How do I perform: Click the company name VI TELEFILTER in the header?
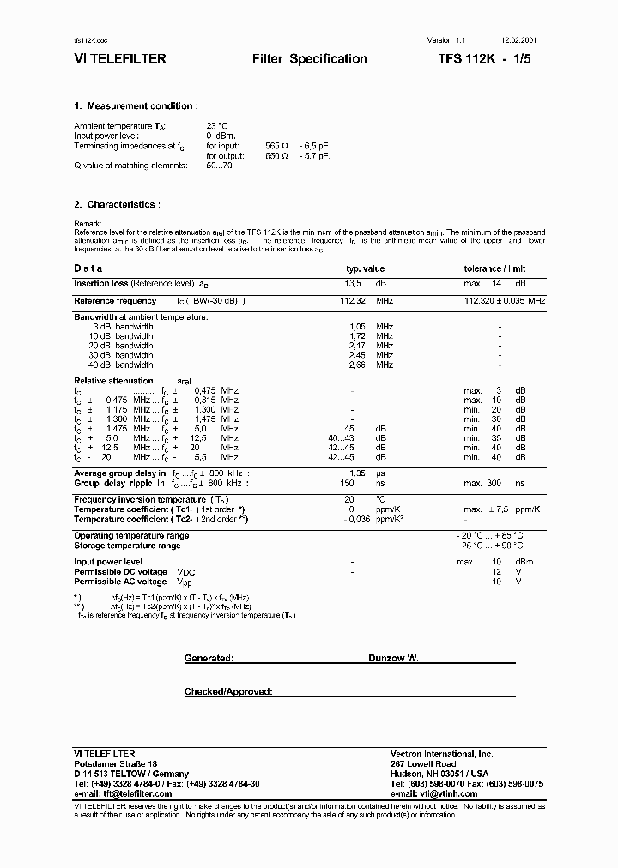click(x=120, y=59)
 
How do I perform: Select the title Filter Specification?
click(x=309, y=59)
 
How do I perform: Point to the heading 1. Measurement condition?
click(x=135, y=106)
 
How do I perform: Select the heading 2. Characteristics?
click(x=117, y=204)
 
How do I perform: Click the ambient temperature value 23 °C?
click(x=216, y=126)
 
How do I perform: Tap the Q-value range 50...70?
click(x=219, y=165)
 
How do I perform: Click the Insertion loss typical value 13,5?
click(x=354, y=283)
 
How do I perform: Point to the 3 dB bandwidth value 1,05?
click(x=358, y=327)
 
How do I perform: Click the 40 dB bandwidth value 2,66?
click(x=358, y=365)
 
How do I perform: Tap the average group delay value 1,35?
click(x=358, y=473)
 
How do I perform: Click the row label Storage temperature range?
click(x=127, y=546)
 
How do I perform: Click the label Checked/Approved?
click(x=228, y=691)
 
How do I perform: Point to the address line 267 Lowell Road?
click(x=422, y=763)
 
